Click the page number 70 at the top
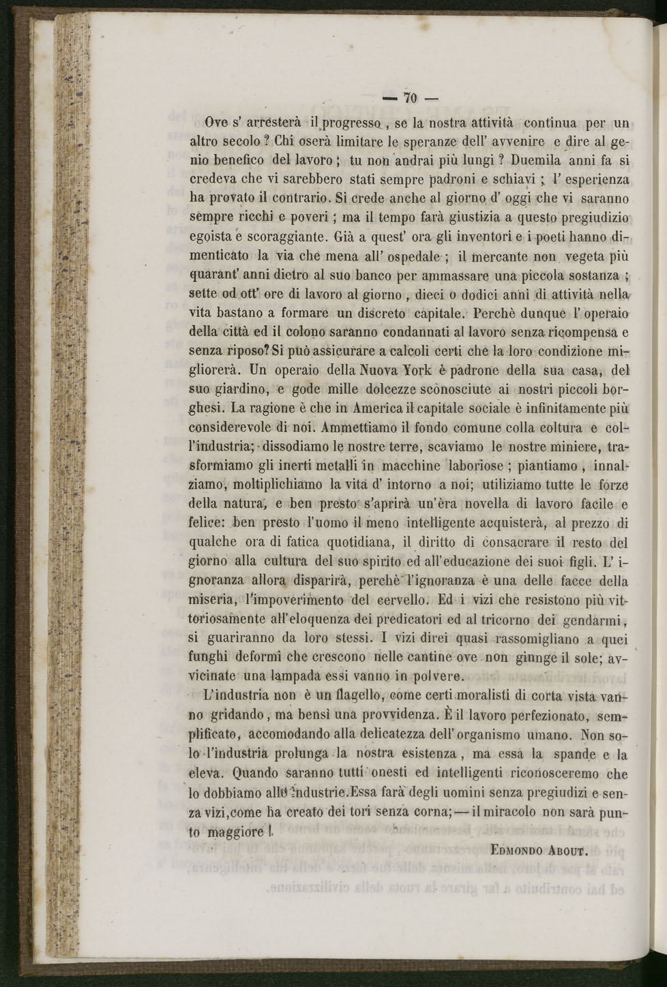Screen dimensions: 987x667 click(409, 97)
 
